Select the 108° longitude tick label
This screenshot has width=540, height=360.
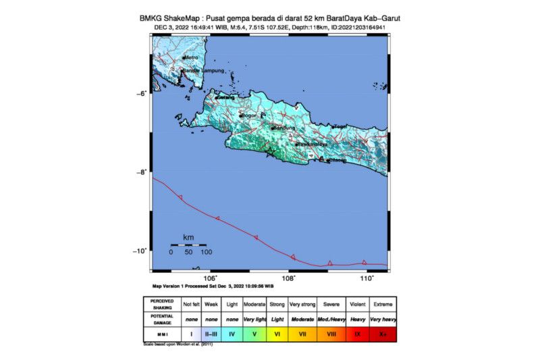(288, 278)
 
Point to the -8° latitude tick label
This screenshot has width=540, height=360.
(142, 172)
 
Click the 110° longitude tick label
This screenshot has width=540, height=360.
(367, 278)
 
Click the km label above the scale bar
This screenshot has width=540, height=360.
(188, 237)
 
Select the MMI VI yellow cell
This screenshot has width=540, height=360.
(277, 334)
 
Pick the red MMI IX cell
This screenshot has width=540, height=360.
(357, 334)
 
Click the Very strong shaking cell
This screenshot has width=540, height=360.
(303, 303)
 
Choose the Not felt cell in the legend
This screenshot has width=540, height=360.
(192, 303)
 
